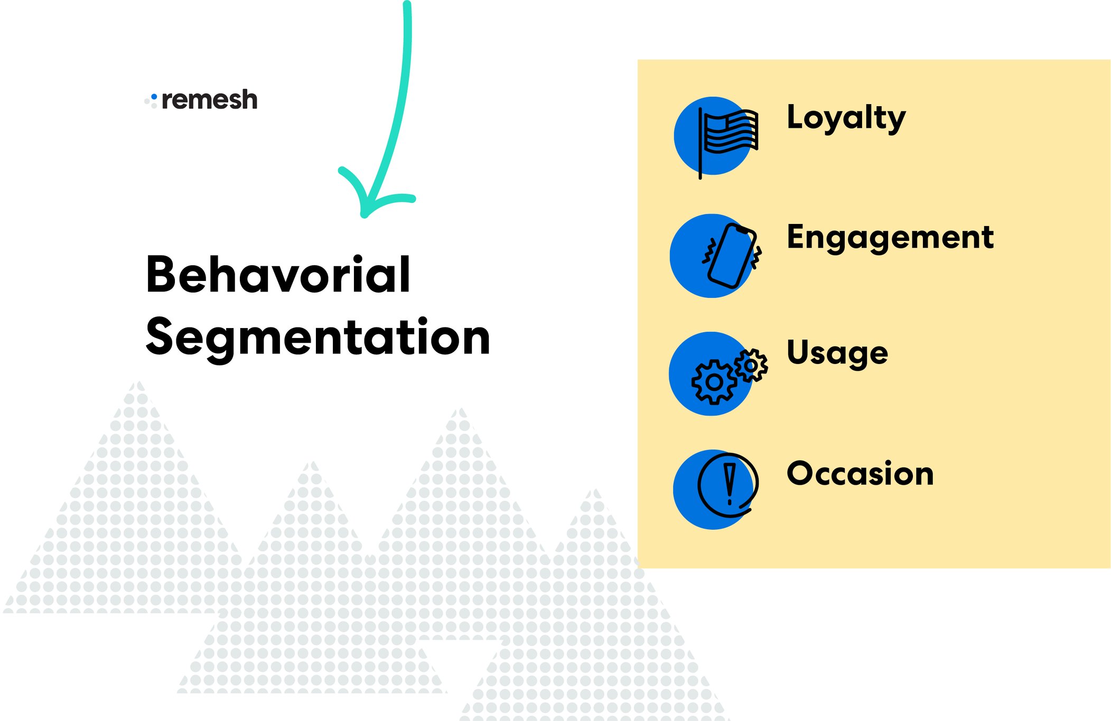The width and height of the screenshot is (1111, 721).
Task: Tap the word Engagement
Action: pyautogui.click(x=890, y=237)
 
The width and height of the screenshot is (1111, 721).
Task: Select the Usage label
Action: pyautogui.click(x=837, y=352)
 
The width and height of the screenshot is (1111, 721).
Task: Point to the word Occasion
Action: pyautogui.click(x=860, y=473)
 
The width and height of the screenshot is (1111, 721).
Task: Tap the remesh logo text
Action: pyautogui.click(x=209, y=100)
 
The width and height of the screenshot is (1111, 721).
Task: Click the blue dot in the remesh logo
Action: pyautogui.click(x=154, y=97)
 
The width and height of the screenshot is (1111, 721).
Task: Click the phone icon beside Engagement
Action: pyautogui.click(x=732, y=256)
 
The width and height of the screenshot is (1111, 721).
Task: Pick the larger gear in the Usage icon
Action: pyautogui.click(x=714, y=382)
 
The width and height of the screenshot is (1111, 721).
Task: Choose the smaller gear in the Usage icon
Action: pyautogui.click(x=751, y=365)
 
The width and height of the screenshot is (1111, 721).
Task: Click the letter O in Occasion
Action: pyautogui.click(x=801, y=473)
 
